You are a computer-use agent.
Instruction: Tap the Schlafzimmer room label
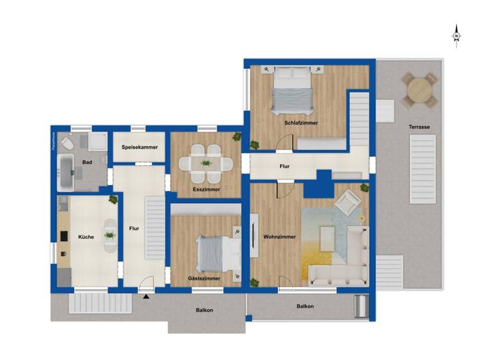[x=301, y=123]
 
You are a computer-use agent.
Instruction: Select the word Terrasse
[x=419, y=127]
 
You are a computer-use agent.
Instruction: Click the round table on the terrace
[x=419, y=90]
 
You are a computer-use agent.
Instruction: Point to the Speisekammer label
[x=140, y=147]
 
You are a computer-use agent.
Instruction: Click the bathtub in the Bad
[x=68, y=172]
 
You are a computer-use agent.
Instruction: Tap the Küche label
[x=86, y=237]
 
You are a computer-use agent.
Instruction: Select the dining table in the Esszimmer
[x=206, y=163]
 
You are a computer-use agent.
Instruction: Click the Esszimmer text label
[x=206, y=190]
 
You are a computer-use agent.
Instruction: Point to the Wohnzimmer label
[x=279, y=237]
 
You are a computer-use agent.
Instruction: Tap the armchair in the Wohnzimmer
[x=347, y=203]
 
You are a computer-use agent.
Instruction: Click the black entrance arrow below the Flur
[x=147, y=297]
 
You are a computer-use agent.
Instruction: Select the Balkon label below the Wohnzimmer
[x=305, y=306]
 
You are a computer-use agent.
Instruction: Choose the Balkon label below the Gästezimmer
[x=204, y=310]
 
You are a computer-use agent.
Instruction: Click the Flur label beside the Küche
[x=134, y=227]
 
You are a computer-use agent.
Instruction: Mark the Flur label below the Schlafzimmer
[x=284, y=166]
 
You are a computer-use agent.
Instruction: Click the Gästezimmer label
[x=204, y=278]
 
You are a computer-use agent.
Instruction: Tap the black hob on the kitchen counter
[x=64, y=236]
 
